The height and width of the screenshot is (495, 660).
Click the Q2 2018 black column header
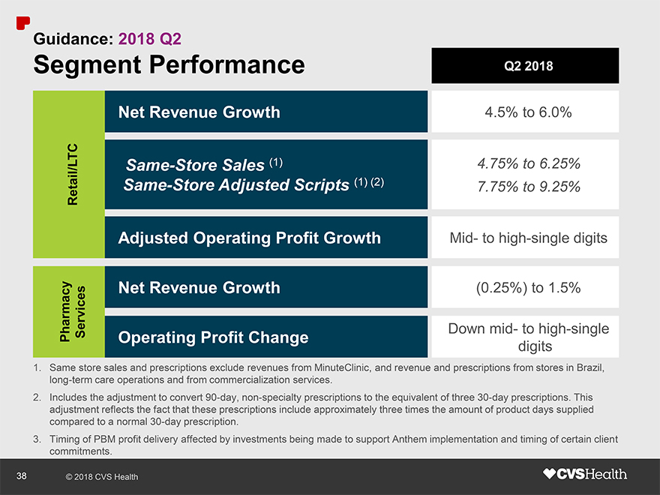pos(524,66)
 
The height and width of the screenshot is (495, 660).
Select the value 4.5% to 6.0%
pos(524,112)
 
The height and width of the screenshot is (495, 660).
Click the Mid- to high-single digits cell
pos(528,238)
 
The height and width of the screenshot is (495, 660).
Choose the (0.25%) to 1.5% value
pos(528,288)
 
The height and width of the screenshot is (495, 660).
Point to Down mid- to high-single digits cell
pos(528,337)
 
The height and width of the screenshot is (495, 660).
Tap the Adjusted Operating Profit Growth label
pos(249,238)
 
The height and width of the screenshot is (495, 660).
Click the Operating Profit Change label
pos(213,337)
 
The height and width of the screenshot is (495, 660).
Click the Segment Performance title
pos(169,65)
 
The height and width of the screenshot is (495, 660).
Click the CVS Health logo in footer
pos(584,474)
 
